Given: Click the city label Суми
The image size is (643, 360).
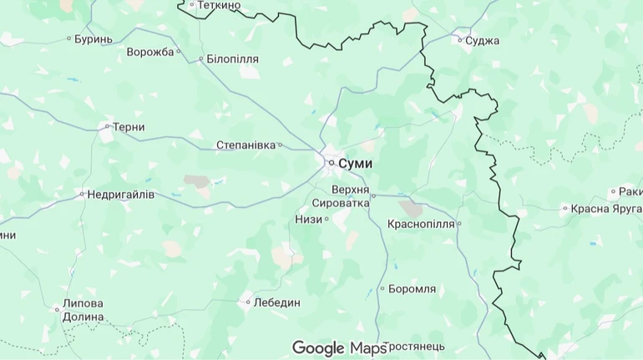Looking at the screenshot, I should [356, 163].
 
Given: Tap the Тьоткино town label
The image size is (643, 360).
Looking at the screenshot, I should [220, 5].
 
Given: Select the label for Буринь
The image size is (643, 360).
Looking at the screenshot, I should [94, 38].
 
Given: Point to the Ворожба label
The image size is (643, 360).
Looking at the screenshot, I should [150, 52].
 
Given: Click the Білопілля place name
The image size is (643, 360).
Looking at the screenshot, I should [233, 59].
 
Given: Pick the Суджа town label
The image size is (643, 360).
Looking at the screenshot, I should [483, 40].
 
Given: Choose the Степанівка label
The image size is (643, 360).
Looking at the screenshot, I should [246, 145].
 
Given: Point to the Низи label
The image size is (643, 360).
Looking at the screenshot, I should [308, 219].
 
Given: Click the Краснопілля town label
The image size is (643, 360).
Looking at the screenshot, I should [421, 224].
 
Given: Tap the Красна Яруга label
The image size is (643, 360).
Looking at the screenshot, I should [607, 209].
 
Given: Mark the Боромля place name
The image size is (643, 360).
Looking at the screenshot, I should [413, 289].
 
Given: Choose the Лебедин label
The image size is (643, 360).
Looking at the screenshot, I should [277, 302].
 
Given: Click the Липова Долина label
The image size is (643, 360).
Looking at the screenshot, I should [84, 310].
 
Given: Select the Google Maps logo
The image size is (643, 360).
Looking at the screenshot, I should [339, 347].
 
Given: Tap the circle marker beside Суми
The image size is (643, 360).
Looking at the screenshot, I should [332, 163].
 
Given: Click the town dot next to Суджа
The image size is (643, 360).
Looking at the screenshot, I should [459, 40].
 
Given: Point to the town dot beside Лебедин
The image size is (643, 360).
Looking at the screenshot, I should [248, 302].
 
